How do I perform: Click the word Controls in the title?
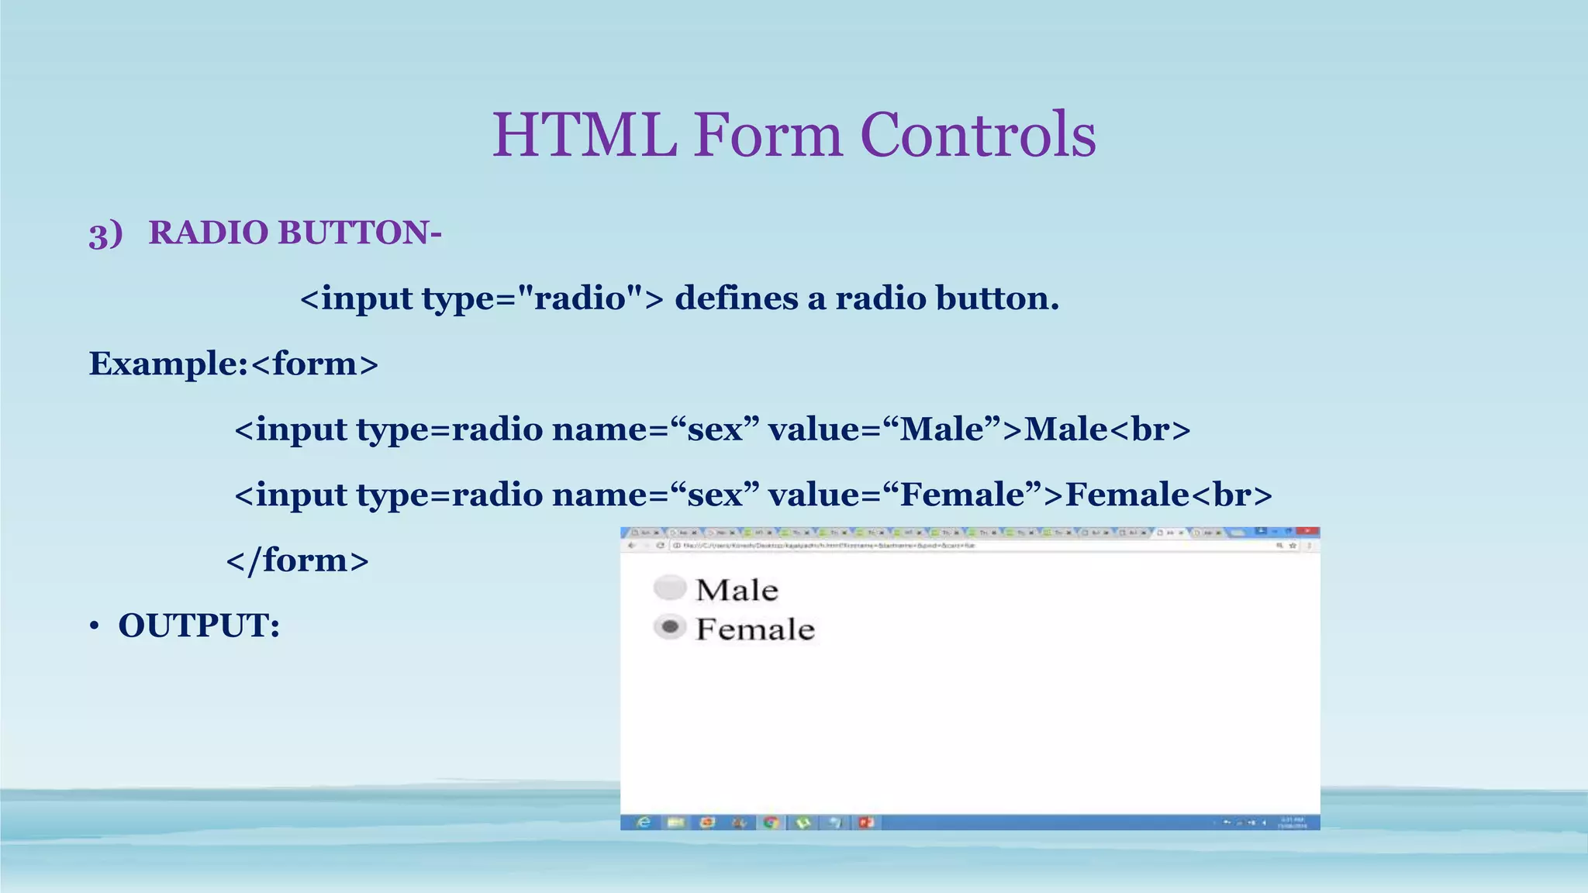coord(978,135)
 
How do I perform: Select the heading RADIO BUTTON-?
coord(295,233)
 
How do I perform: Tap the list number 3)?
coord(105,233)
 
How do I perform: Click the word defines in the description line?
coord(736,298)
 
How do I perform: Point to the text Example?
coord(167,364)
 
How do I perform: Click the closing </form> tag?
coord(297,560)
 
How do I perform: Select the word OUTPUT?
coord(198,626)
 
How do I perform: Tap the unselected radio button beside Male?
coord(670,588)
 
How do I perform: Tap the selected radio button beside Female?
coord(670,626)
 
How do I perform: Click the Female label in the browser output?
coord(755,629)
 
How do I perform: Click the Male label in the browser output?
coord(737,590)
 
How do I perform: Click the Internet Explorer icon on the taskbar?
coord(644,822)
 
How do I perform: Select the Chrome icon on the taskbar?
coord(771,822)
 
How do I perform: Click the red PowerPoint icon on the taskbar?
coord(866,822)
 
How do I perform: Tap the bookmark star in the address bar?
coord(1293,546)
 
